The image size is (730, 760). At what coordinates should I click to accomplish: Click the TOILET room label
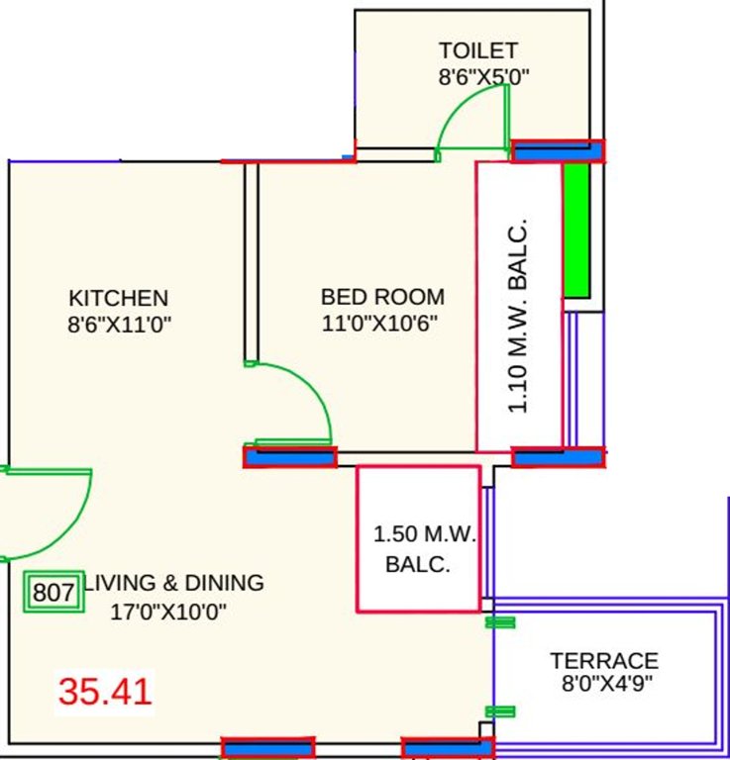478,50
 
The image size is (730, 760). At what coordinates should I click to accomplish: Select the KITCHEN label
118,298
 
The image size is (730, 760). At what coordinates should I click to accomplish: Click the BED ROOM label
382,297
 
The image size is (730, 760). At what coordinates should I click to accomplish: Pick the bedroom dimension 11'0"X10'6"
380,323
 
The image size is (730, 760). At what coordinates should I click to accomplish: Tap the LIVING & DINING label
175,583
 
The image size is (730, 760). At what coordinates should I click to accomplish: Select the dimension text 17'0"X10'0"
168,612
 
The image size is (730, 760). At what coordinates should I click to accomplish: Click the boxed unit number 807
53,593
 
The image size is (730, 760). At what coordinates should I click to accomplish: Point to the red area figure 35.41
105,691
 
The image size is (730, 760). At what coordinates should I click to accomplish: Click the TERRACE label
604,661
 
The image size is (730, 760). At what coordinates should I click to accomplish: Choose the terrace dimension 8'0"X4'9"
606,683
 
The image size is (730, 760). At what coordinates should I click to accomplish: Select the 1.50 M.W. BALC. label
424,550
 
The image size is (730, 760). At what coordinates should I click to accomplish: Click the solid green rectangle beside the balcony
575,230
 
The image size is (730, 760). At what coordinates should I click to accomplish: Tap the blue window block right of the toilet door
558,151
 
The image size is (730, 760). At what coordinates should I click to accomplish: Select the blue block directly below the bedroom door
290,457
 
